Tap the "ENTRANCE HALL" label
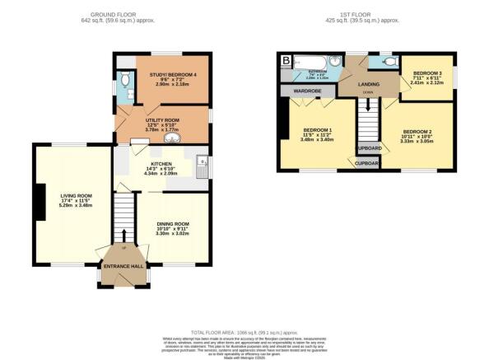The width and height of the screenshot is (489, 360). click(122, 266)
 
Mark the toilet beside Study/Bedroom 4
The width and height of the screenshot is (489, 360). click(124, 80)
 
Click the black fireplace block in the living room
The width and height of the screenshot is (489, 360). click(38, 200)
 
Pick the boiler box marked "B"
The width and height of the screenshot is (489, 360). click(286, 61)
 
